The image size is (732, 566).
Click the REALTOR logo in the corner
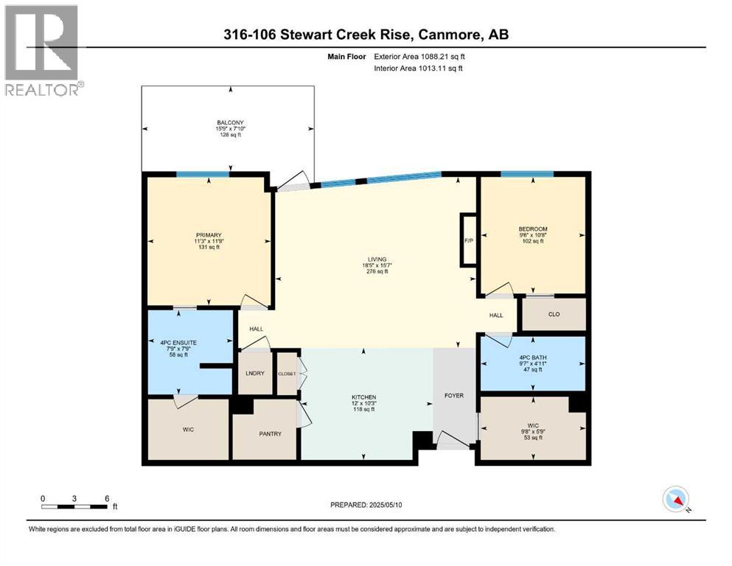click(x=43, y=50)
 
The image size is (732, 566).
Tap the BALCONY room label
click(x=230, y=123)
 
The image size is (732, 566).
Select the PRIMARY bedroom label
click(x=209, y=235)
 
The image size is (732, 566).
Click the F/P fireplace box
click(x=468, y=240)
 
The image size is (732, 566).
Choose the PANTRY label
click(x=271, y=434)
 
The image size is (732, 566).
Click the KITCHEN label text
click(x=363, y=397)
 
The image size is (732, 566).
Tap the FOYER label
click(x=454, y=396)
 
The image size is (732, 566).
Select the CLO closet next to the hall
click(x=554, y=315)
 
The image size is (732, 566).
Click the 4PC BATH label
click(x=533, y=357)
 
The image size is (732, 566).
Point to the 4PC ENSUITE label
click(x=178, y=343)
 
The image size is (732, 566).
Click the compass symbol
click(x=676, y=499)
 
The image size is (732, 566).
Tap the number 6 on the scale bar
click(x=107, y=498)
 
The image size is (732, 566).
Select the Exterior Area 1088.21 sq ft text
click(x=419, y=57)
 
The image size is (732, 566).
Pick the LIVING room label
click(x=377, y=259)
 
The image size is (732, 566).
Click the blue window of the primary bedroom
click(x=203, y=175)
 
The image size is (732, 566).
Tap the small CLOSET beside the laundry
click(x=287, y=374)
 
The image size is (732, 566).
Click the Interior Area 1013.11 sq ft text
click(x=418, y=68)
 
